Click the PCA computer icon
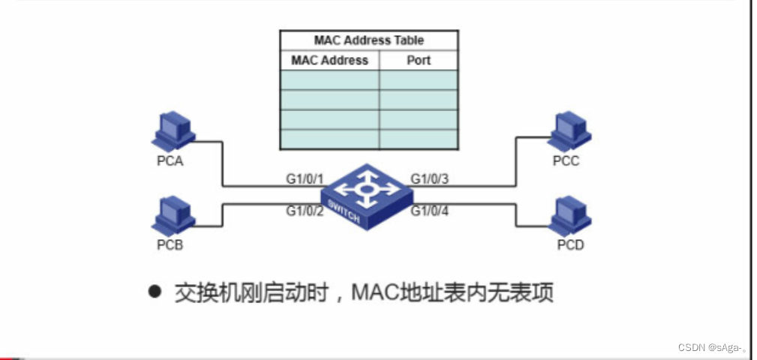(173, 132)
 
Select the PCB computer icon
(173, 215)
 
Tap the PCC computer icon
(569, 132)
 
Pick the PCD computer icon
(569, 215)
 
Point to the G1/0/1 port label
(304, 178)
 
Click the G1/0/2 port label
(304, 211)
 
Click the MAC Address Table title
(368, 40)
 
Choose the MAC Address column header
(329, 60)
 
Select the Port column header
(419, 60)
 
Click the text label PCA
(170, 161)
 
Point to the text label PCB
(170, 244)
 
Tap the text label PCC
(566, 161)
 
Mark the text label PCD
(570, 244)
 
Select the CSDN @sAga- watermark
(712, 347)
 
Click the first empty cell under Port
(419, 80)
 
